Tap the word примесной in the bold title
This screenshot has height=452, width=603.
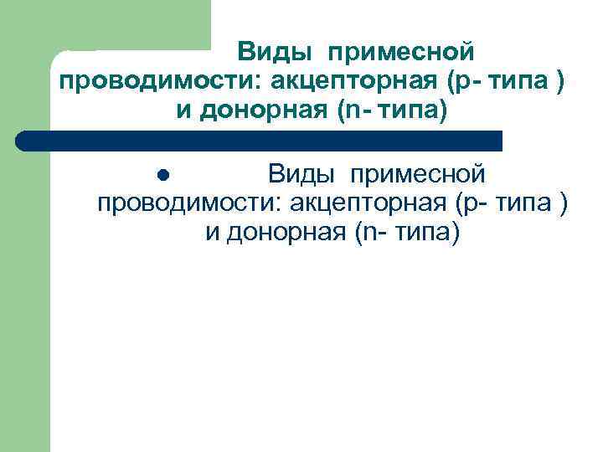(401, 53)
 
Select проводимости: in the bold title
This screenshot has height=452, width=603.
(159, 81)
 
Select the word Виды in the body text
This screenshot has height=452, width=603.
(302, 175)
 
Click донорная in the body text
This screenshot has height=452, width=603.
(286, 232)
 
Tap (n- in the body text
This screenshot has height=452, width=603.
(369, 232)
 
